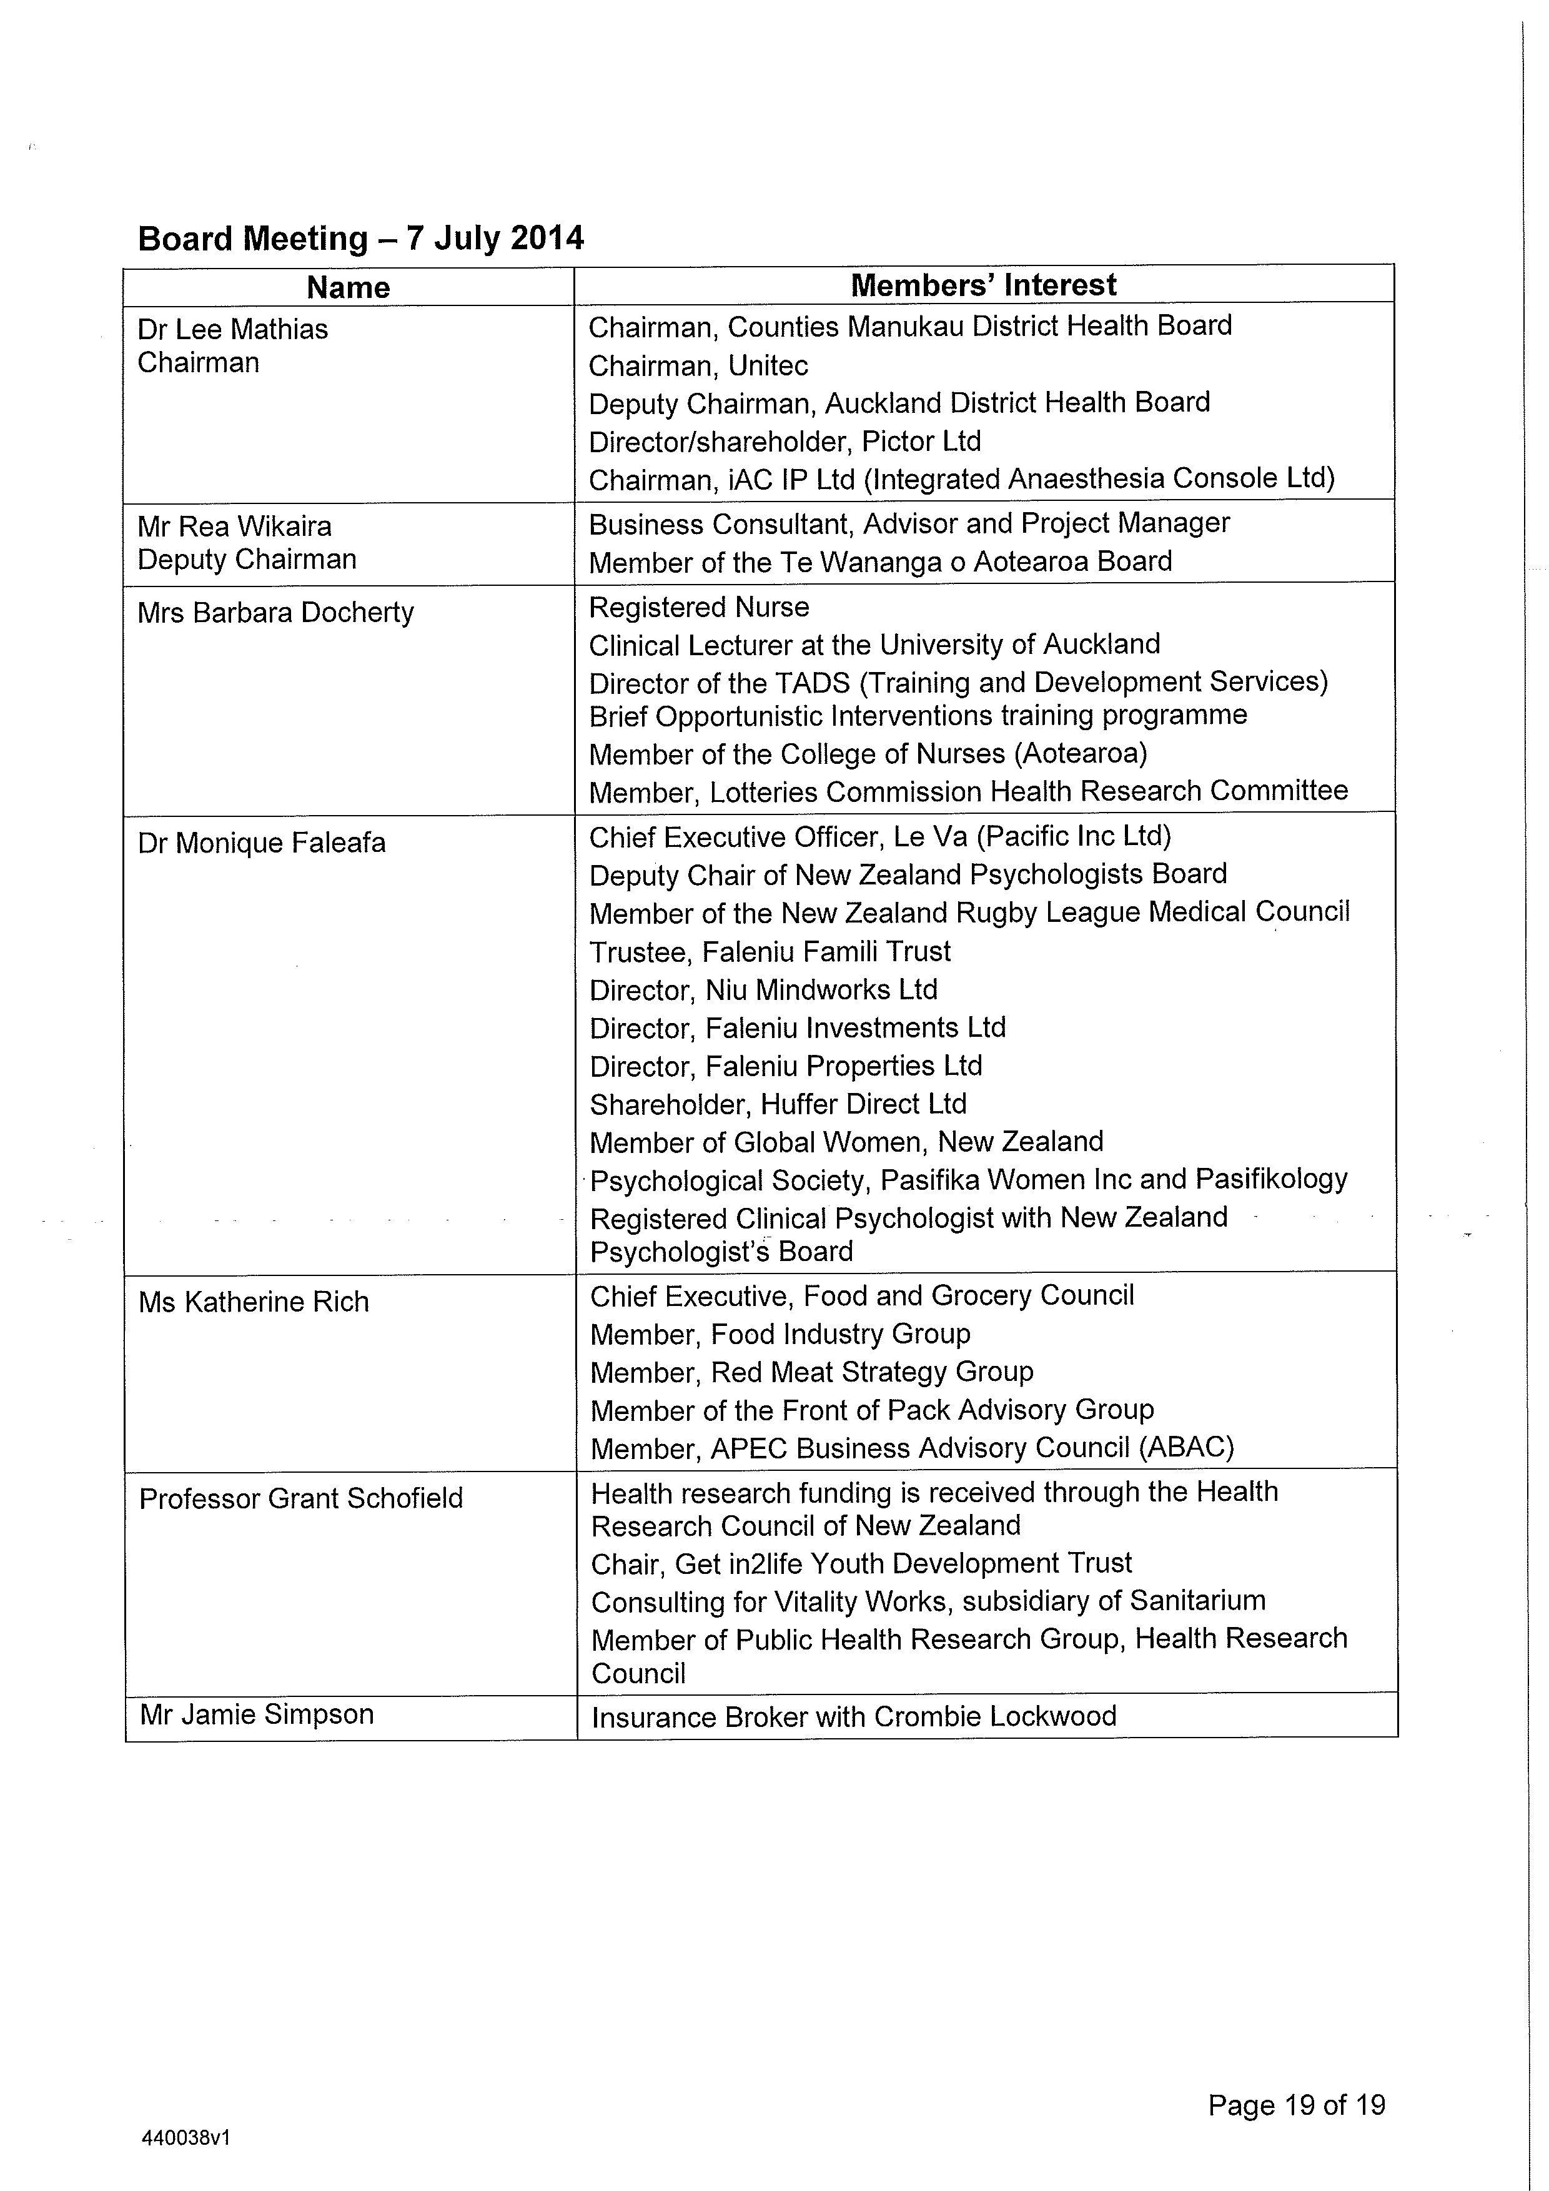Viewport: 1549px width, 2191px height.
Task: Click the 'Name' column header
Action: click(x=349, y=287)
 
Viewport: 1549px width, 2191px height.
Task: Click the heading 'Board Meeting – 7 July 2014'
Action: click(x=361, y=237)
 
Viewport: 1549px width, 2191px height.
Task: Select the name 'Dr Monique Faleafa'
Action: click(x=262, y=843)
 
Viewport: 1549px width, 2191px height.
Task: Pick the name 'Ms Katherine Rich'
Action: click(x=253, y=1302)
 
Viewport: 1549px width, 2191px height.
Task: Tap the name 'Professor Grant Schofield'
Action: click(x=300, y=1498)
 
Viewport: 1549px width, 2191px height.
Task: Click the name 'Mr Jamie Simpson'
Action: click(x=256, y=1714)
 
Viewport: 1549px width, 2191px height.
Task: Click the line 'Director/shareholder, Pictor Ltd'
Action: click(x=784, y=441)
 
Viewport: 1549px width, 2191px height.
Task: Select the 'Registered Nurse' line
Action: click(x=699, y=607)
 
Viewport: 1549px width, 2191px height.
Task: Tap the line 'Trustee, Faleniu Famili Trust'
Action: click(x=770, y=951)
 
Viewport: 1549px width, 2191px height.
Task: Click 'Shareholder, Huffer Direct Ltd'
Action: click(x=778, y=1104)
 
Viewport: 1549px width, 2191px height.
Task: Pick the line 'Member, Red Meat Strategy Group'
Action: click(x=811, y=1372)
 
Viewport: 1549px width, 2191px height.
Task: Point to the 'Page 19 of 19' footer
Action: click(x=1296, y=2104)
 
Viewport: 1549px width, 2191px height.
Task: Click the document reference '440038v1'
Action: click(x=186, y=2137)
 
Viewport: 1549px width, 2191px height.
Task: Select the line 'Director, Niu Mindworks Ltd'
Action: click(x=763, y=989)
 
